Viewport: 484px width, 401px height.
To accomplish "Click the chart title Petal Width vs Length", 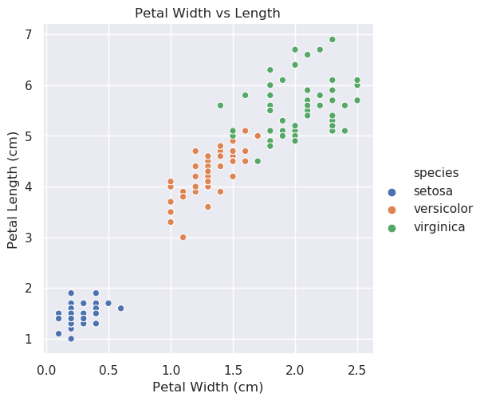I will click(x=207, y=14).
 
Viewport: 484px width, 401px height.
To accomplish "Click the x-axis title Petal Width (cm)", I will click(x=207, y=387).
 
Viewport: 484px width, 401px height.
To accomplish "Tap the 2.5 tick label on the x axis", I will click(x=356, y=369).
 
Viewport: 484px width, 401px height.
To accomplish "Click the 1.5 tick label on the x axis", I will click(x=233, y=369).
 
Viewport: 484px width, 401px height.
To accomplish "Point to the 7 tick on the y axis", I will click(x=27, y=34).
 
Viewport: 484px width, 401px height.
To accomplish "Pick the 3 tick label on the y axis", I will click(x=27, y=238).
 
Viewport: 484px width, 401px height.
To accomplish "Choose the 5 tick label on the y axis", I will click(x=27, y=136).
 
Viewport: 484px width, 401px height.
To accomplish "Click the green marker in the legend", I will click(x=391, y=227).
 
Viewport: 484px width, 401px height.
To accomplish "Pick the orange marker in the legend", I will click(x=391, y=210).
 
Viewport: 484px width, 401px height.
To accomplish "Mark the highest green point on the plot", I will click(x=333, y=39).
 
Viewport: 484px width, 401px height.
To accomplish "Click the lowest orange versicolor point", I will click(x=183, y=237).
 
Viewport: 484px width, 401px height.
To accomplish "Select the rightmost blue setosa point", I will click(x=120, y=308).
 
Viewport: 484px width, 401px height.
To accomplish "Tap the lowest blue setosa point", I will click(x=71, y=338).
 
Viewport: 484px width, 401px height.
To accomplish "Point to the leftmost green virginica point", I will click(x=220, y=105).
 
